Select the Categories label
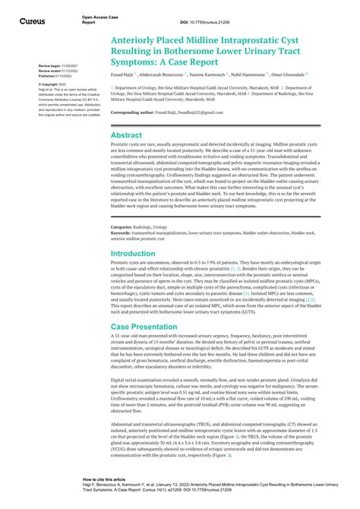click(122, 227)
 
